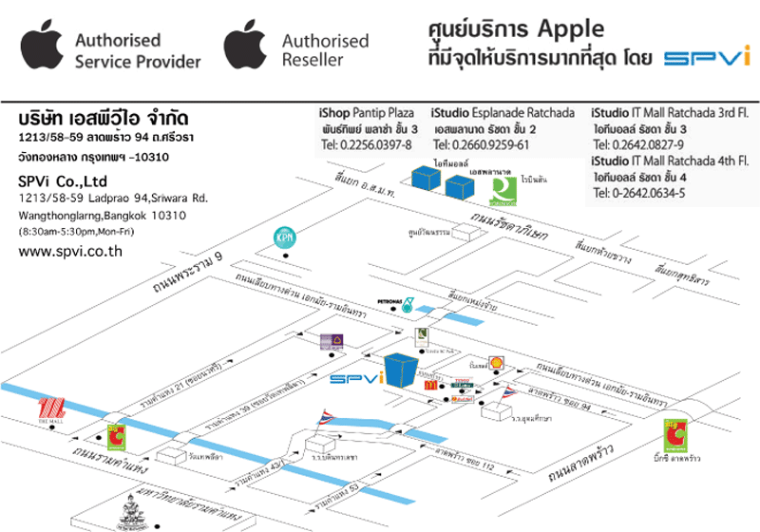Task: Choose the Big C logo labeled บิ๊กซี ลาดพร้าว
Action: [675, 435]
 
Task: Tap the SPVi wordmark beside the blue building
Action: [355, 378]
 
